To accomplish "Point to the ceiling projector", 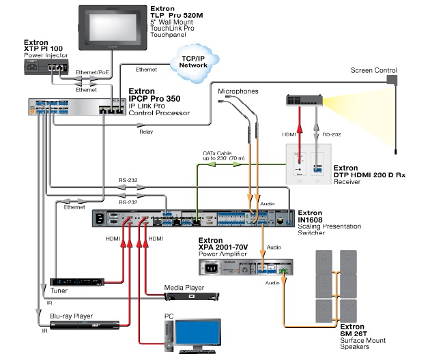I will [306, 102].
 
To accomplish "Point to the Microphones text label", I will [239, 91].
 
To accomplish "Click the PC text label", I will [169, 316].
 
